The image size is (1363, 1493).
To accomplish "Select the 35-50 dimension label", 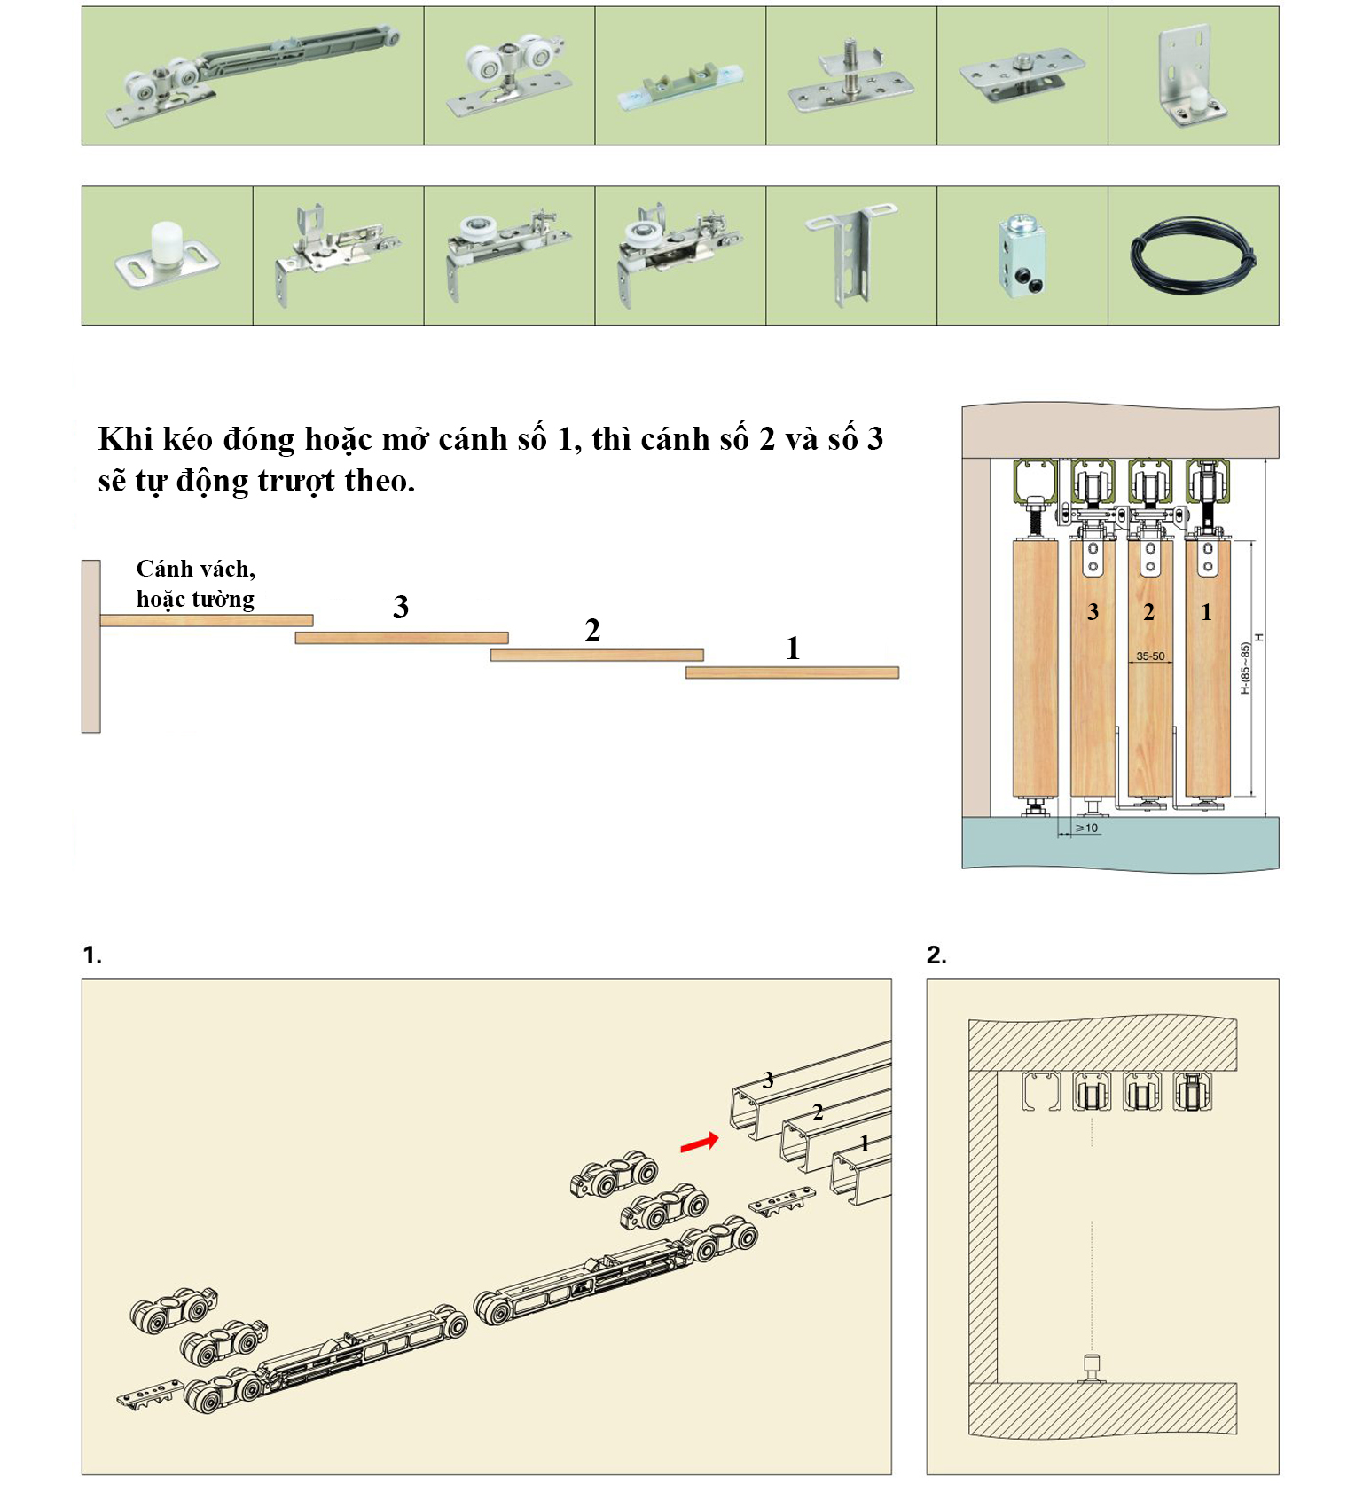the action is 1150,656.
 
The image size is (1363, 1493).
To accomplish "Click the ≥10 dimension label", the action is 1086,828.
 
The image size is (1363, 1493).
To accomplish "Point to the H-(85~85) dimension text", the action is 1245,668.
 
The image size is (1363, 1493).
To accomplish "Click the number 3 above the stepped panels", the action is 401,607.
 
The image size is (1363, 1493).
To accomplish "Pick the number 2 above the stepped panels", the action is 592,630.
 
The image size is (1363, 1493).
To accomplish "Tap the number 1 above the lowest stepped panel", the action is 793,648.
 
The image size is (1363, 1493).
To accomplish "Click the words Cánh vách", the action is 195,569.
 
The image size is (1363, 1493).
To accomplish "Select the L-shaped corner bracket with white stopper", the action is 1193,77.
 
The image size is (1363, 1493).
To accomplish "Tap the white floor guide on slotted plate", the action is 166,255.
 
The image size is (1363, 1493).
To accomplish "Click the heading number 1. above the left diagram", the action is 92,955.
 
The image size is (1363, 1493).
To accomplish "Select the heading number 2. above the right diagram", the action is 936,955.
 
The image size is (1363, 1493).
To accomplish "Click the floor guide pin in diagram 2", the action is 1092,1368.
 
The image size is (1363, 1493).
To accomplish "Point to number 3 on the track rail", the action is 768,1080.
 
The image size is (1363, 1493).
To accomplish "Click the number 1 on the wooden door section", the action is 1206,612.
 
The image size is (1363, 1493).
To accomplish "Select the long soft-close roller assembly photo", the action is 253,75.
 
